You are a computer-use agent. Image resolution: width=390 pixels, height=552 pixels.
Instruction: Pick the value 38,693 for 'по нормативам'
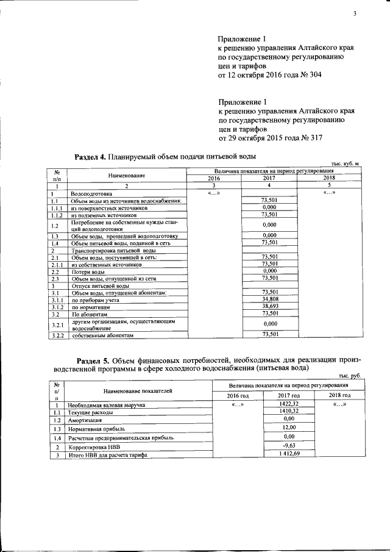pyautogui.click(x=270, y=306)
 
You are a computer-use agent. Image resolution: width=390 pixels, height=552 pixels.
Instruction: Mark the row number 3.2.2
pyautogui.click(x=57, y=335)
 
